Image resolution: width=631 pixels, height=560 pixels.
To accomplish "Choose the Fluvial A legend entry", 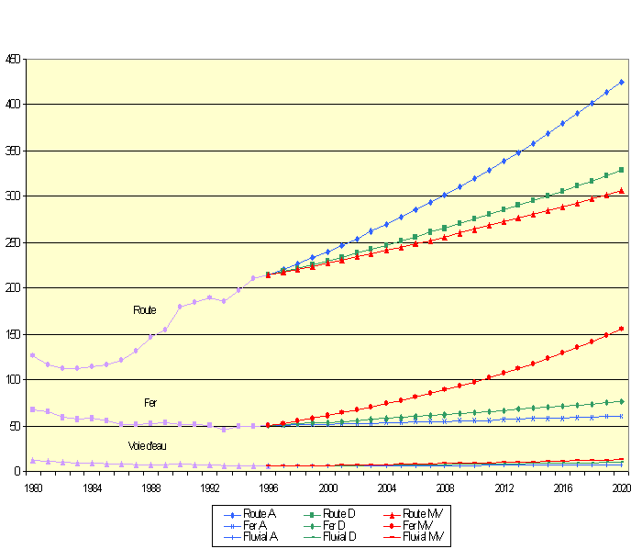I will pyautogui.click(x=256, y=536).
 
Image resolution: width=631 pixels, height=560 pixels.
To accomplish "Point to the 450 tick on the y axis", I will pyautogui.click(x=13, y=60).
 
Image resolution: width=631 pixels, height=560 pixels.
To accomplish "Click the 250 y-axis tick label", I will pyautogui.click(x=13, y=242).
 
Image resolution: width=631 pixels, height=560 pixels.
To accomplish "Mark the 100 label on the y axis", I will pyautogui.click(x=13, y=379).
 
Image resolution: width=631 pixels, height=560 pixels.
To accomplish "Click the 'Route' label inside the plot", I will pyautogui.click(x=144, y=310).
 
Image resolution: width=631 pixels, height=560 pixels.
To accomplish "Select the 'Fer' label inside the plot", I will pyautogui.click(x=150, y=403).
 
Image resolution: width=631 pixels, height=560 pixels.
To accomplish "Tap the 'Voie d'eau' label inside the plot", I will pyautogui.click(x=146, y=446).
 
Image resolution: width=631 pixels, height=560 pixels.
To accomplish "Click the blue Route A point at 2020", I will pyautogui.click(x=621, y=82).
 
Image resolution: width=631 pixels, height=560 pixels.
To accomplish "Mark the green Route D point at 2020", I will pyautogui.click(x=621, y=170).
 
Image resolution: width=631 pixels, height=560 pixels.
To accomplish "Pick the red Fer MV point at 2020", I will pyautogui.click(x=621, y=329).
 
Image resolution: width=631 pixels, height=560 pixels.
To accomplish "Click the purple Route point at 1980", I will pyautogui.click(x=33, y=355).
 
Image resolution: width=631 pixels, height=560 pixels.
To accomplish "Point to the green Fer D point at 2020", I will pyautogui.click(x=621, y=401).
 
